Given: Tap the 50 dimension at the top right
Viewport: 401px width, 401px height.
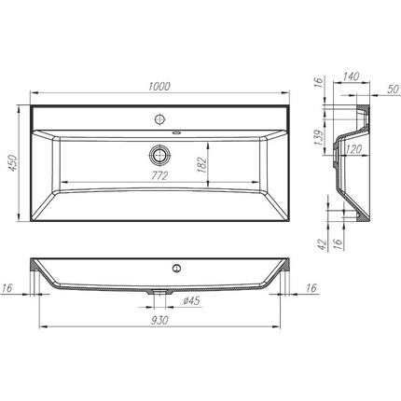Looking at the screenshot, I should pyautogui.click(x=392, y=89).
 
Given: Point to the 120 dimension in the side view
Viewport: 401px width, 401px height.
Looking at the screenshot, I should pyautogui.click(x=353, y=147).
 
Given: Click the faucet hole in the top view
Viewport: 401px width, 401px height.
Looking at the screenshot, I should pyautogui.click(x=159, y=119).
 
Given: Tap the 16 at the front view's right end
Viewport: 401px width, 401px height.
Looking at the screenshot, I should pyautogui.click(x=309, y=289).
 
